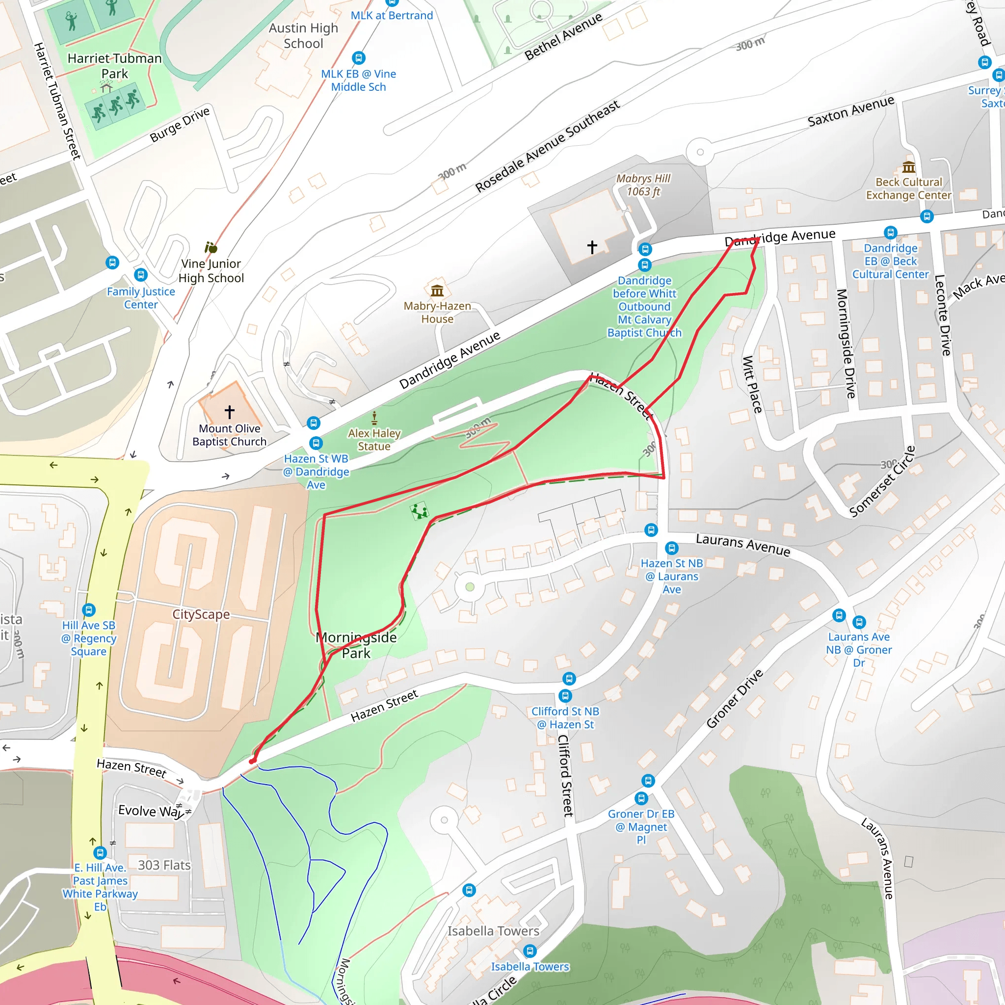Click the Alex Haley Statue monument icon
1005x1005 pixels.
coord(374,418)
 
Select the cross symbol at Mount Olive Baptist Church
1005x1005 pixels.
coord(229,412)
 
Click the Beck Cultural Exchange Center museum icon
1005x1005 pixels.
coord(909,167)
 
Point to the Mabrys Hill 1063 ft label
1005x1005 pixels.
coord(643,185)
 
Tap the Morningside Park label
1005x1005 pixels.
coord(356,645)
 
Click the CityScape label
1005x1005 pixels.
coord(201,614)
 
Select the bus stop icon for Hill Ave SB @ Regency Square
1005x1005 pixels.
coord(89,609)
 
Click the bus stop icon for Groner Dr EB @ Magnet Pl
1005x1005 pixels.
coord(641,798)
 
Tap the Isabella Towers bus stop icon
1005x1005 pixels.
coord(529,952)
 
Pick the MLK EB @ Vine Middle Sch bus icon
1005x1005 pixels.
coord(358,58)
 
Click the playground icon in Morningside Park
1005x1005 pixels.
coord(419,511)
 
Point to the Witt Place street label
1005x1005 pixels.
coord(752,384)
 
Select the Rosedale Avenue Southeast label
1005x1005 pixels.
coord(547,146)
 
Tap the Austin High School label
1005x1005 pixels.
coord(303,36)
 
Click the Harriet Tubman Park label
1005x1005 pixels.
coord(115,66)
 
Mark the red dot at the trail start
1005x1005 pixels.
coord(252,762)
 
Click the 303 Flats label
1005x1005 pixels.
coord(164,865)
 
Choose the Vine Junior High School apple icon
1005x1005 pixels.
coord(211,248)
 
